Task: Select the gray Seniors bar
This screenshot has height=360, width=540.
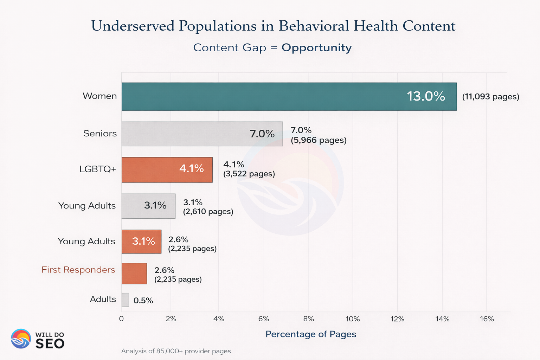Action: (202, 134)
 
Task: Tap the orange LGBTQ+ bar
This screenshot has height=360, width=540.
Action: (167, 170)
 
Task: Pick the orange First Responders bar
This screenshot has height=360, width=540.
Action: (134, 274)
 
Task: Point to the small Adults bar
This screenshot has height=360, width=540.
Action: (125, 300)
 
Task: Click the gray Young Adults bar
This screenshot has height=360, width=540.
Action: (148, 206)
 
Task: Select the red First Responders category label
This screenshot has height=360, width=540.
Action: (78, 270)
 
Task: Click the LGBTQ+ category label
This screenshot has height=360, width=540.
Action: (98, 169)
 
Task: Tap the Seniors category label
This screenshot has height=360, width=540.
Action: (100, 134)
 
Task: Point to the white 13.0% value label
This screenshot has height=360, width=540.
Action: (426, 96)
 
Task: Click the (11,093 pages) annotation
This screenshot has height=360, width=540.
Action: (490, 97)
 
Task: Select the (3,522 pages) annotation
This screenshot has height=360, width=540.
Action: (249, 174)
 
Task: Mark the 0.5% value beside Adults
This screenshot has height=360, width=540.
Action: (143, 301)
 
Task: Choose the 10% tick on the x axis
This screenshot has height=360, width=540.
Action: (353, 319)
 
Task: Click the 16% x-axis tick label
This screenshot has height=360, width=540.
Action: (487, 319)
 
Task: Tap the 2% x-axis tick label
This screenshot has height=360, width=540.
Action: (171, 319)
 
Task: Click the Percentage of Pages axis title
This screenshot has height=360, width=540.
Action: (311, 334)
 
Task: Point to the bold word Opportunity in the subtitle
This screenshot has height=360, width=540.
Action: (316, 48)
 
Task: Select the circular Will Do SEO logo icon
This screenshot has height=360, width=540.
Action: (21, 339)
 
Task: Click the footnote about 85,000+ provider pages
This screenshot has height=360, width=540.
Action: (176, 351)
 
